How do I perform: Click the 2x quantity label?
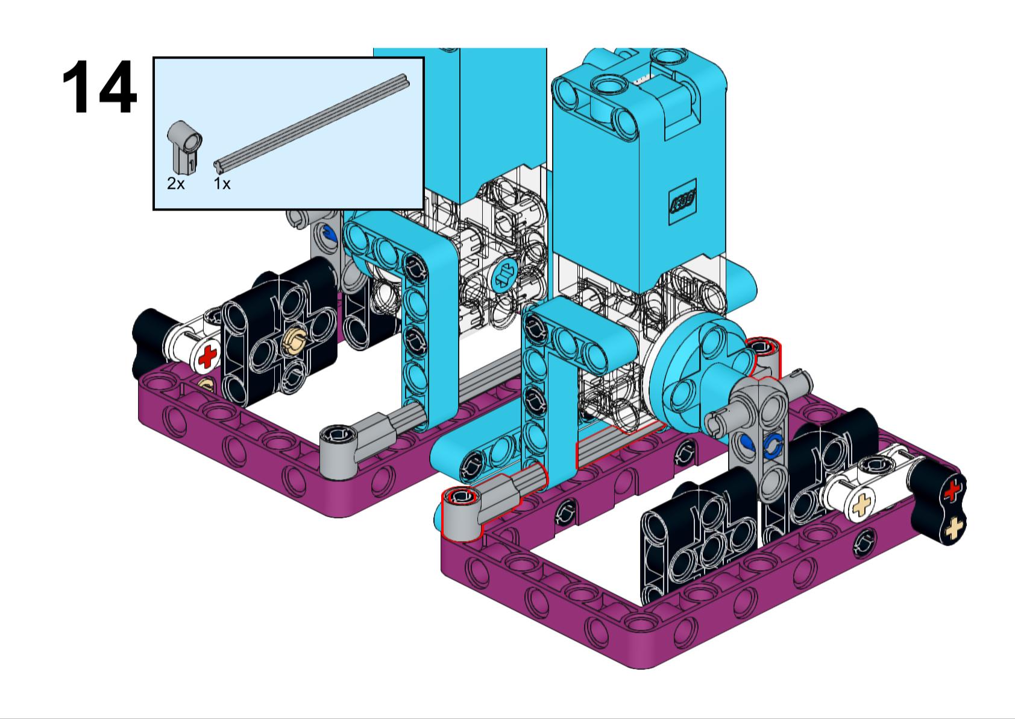point(175,184)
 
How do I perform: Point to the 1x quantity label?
point(222,184)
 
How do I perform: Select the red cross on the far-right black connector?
point(952,492)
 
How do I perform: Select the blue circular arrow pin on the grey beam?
point(772,446)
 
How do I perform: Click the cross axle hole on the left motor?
point(504,276)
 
